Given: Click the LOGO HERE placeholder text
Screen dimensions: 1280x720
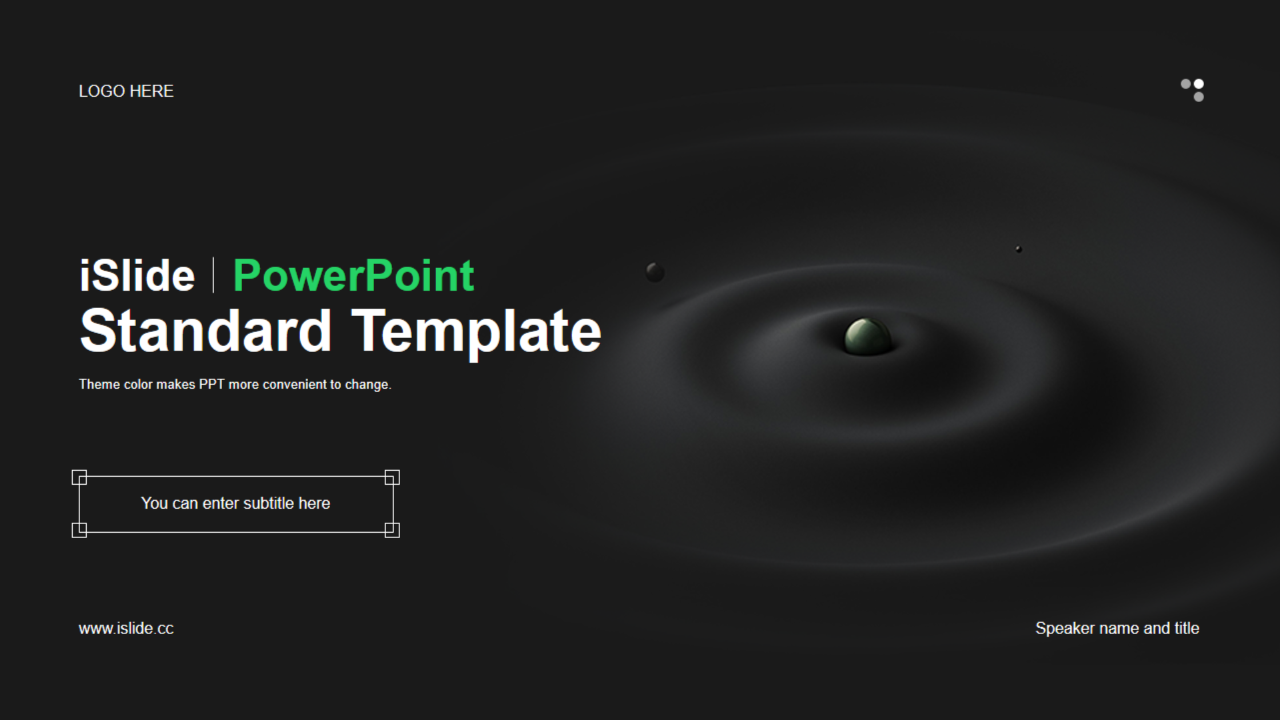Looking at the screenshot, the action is coord(126,91).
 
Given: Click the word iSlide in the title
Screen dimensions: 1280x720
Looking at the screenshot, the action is coord(137,275).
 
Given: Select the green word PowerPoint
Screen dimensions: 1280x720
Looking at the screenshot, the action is coord(353,275).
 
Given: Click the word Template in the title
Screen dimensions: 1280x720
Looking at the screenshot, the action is coord(476,333).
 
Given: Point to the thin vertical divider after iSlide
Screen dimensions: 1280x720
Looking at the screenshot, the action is coord(213,275).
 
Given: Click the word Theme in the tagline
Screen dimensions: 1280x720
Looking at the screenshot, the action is coord(99,385).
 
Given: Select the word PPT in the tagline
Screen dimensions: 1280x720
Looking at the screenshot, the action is coord(211,385).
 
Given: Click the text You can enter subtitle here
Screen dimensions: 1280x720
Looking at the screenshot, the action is coord(235,503).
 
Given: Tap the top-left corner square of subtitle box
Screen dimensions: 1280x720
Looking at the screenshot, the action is coord(79,477).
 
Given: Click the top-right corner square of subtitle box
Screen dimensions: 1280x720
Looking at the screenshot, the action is coord(392,477).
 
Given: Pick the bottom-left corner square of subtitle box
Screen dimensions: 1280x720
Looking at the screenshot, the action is coord(79,530).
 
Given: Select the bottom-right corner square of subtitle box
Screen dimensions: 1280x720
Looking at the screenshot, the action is coord(392,530).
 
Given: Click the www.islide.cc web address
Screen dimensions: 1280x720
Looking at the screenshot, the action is coord(126,629).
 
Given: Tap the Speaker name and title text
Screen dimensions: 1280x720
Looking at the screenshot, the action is coord(1117,629).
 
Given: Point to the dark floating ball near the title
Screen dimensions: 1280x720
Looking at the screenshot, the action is coord(655,272).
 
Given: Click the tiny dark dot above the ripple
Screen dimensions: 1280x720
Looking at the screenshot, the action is coord(1019,249).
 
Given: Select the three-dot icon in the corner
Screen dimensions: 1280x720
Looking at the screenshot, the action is coord(1193,90).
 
